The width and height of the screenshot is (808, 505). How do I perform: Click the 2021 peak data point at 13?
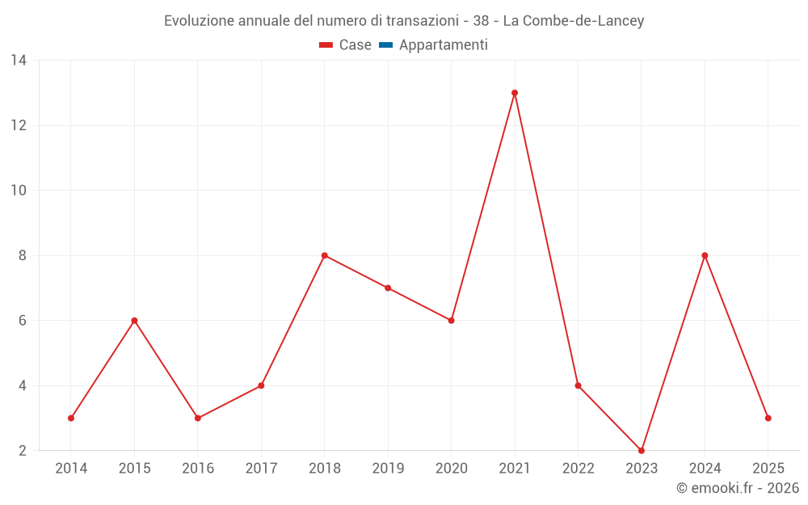pyautogui.click(x=515, y=93)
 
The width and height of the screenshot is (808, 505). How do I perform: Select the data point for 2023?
pyautogui.click(x=642, y=450)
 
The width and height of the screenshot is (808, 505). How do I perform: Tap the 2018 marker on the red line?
pyautogui.click(x=325, y=255)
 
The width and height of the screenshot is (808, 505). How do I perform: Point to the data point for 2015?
pyautogui.click(x=134, y=321)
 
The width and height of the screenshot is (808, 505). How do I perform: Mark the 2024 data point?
pyautogui.click(x=705, y=255)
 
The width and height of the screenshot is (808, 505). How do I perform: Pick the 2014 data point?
pyautogui.click(x=71, y=418)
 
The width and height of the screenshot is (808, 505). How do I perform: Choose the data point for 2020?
pyautogui.click(x=452, y=321)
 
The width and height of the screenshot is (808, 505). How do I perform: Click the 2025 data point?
pyautogui.click(x=768, y=418)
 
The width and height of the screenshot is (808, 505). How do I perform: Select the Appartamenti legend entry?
pyautogui.click(x=443, y=45)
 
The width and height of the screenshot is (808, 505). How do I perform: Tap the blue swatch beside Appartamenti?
pyautogui.click(x=385, y=45)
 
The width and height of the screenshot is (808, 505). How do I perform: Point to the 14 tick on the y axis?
pyautogui.click(x=19, y=61)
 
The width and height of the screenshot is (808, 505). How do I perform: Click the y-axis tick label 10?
pyautogui.click(x=19, y=191)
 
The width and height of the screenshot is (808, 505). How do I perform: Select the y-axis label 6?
pyautogui.click(x=23, y=321)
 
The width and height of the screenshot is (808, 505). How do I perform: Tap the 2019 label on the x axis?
pyautogui.click(x=388, y=468)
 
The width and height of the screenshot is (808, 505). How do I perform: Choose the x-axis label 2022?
pyautogui.click(x=578, y=468)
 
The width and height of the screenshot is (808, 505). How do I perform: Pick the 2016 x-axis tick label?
pyautogui.click(x=198, y=468)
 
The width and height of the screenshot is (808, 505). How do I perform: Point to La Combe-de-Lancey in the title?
pyautogui.click(x=574, y=21)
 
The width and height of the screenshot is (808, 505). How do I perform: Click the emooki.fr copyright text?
pyautogui.click(x=738, y=488)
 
